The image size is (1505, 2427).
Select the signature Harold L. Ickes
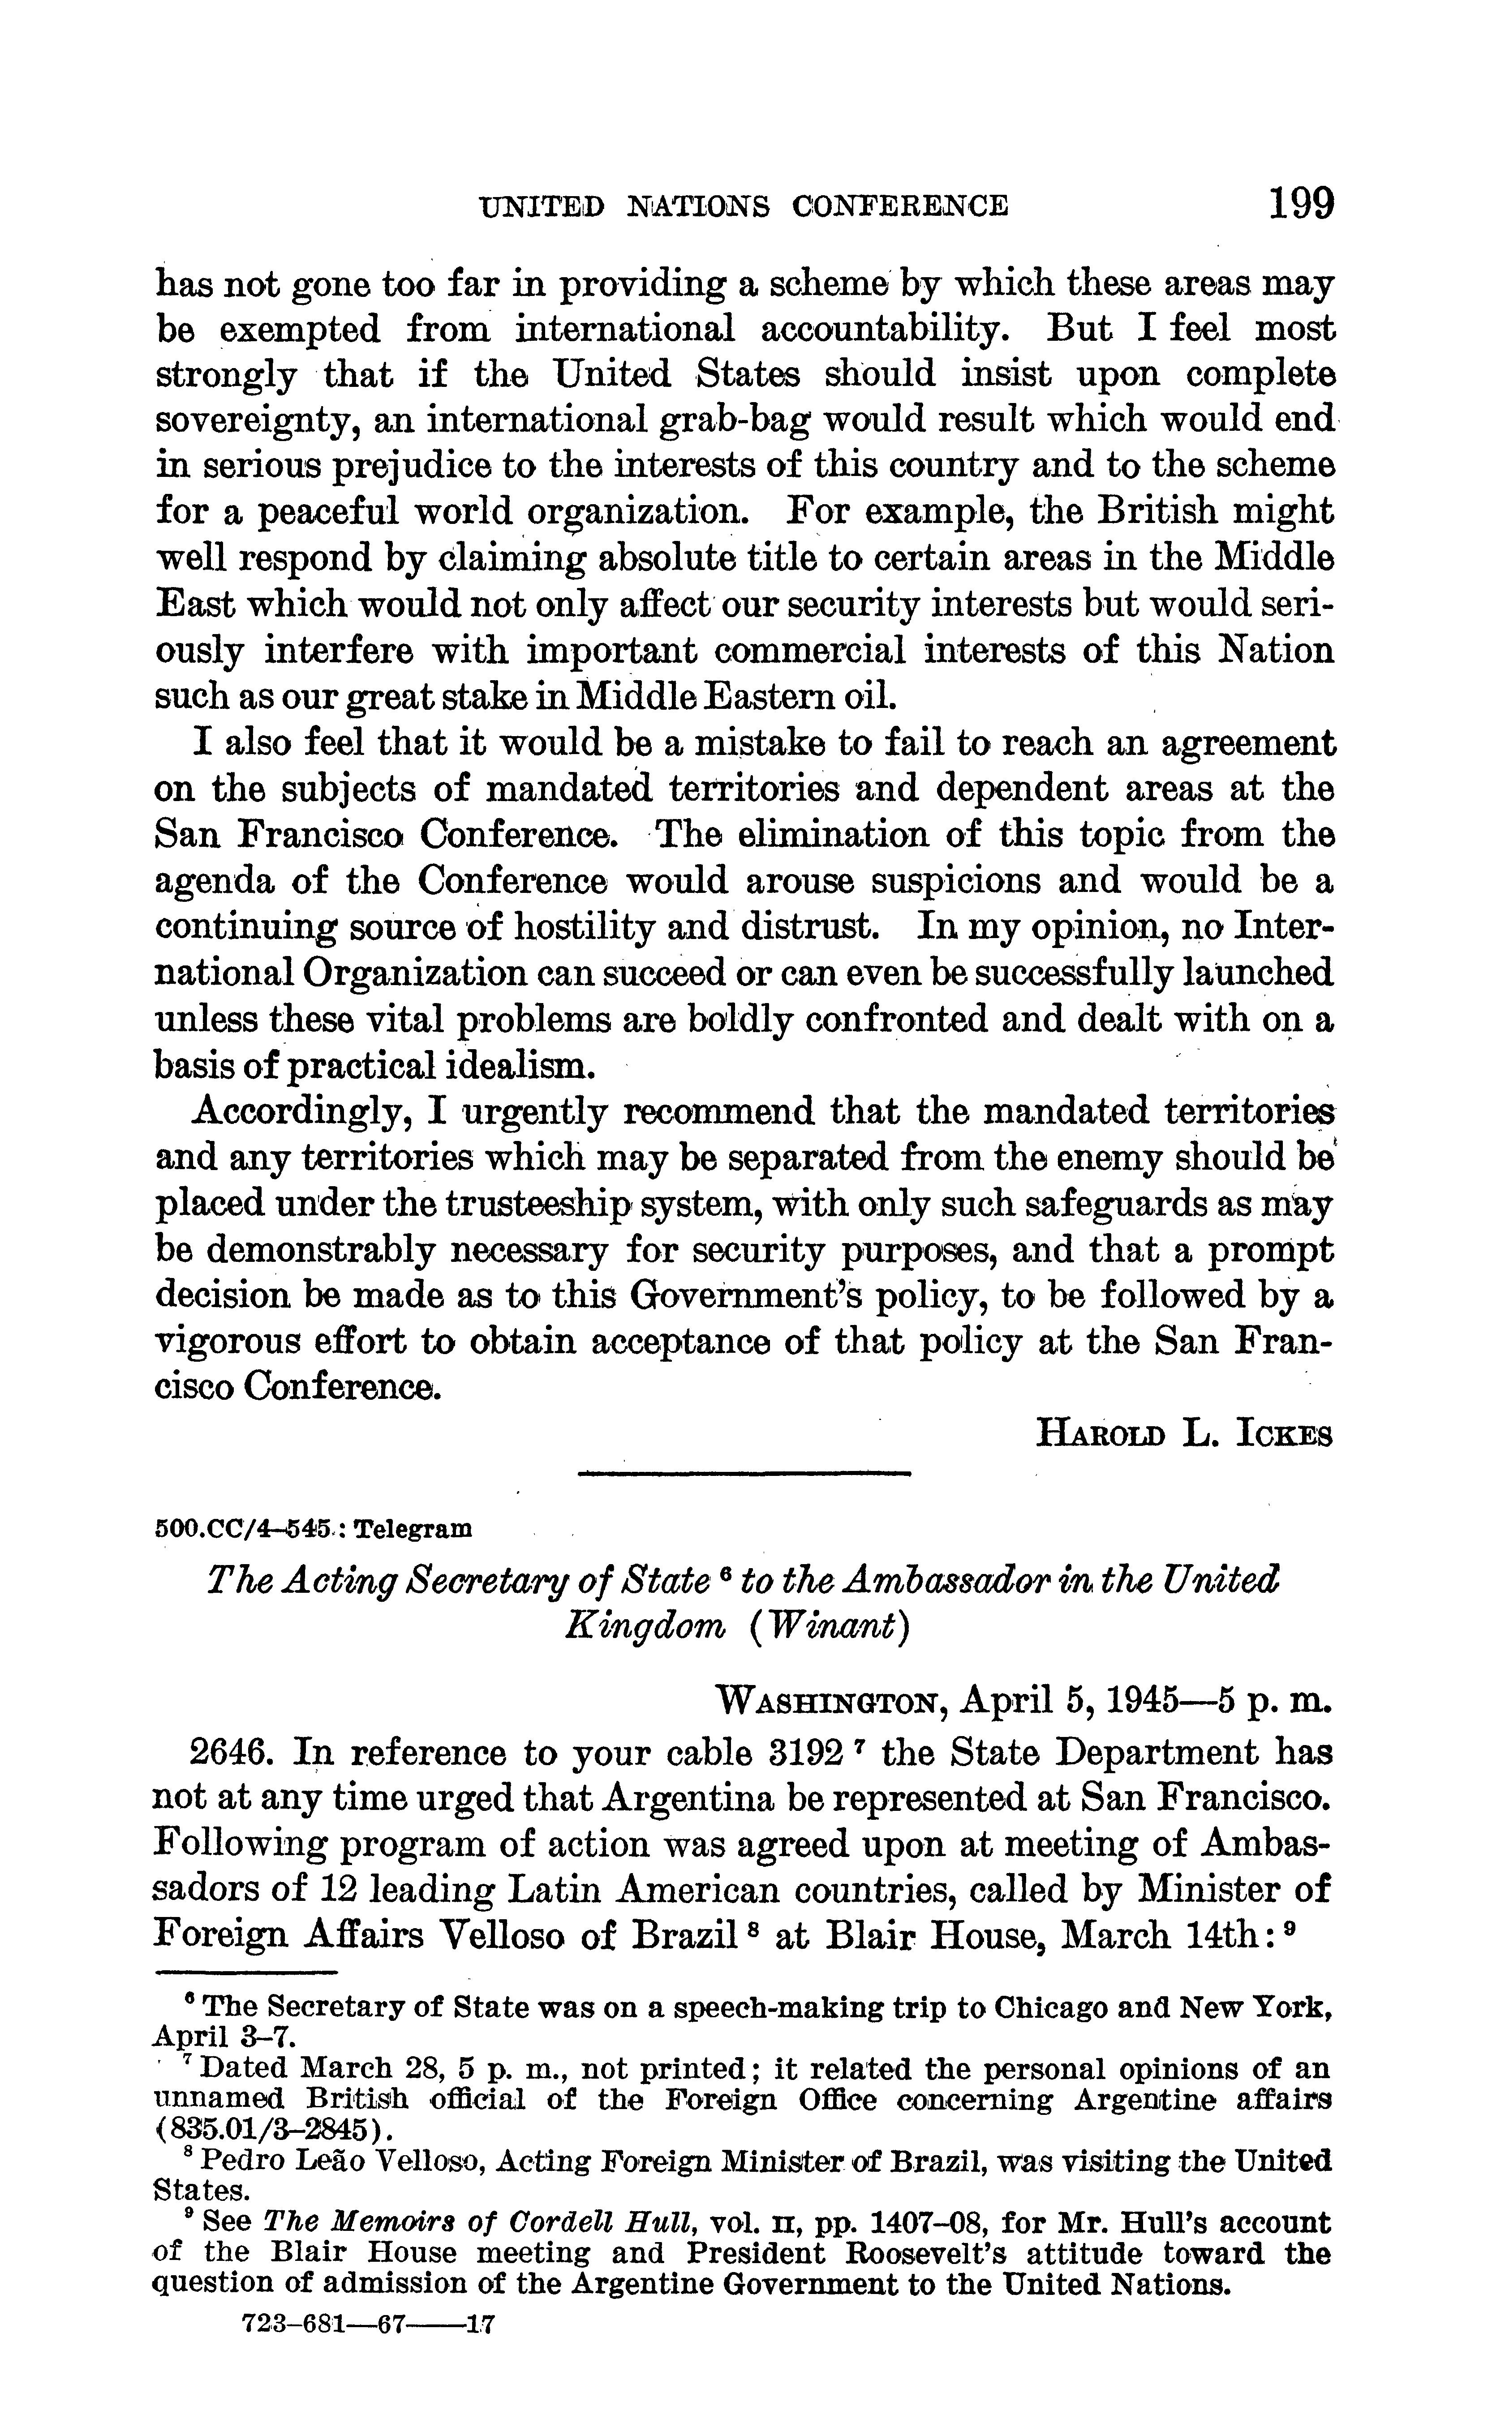coord(1184,1434)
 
